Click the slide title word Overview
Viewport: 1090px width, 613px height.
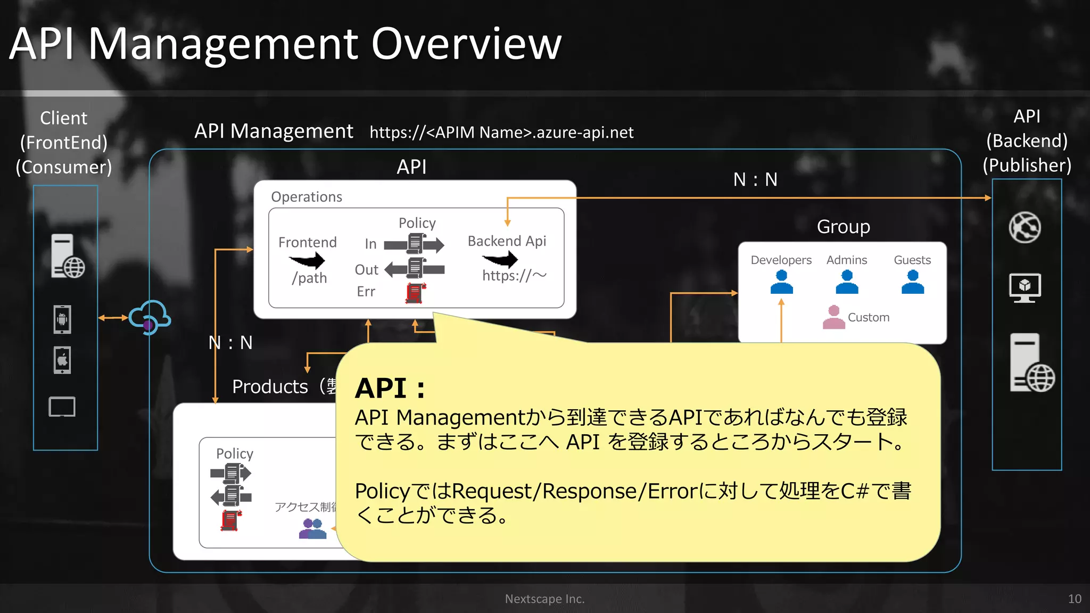pos(466,44)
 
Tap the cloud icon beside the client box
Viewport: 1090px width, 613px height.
pos(150,317)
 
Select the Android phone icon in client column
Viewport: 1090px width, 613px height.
pos(62,319)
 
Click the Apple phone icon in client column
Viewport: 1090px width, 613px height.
pos(62,360)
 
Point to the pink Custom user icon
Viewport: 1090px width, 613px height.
pos(833,317)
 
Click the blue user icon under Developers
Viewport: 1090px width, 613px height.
pos(781,282)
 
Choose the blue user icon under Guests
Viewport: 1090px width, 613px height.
pos(912,282)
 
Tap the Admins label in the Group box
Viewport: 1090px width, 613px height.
pos(846,260)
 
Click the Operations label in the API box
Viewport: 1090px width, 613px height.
pos(307,197)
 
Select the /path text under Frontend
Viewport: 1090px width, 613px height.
pos(309,278)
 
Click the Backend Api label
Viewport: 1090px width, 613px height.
pos(507,241)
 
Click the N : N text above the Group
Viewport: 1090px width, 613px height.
pos(755,180)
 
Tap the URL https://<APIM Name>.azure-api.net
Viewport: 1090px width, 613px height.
pos(501,132)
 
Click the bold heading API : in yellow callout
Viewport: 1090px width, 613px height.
pos(390,388)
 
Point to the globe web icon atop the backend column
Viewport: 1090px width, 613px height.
pos(1025,228)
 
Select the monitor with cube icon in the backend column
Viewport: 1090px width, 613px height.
pos(1025,288)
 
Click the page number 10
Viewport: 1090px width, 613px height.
pos(1074,599)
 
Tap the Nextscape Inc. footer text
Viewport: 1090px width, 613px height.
pos(544,599)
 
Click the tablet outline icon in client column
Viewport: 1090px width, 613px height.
pos(62,407)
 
